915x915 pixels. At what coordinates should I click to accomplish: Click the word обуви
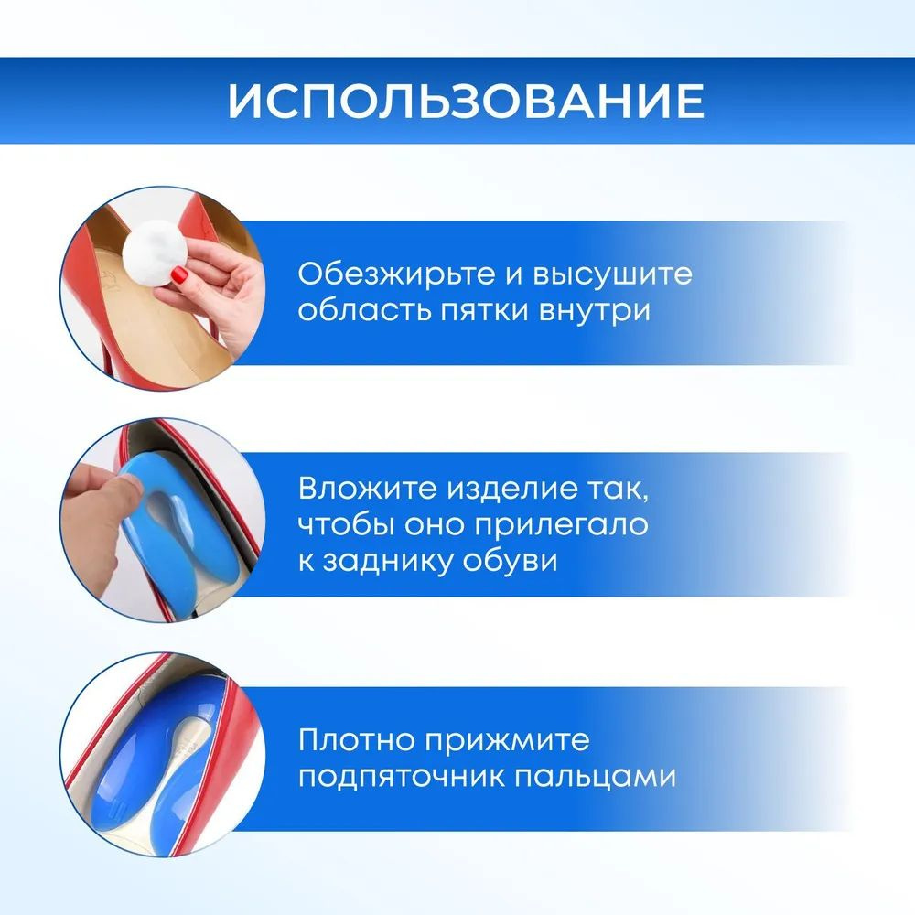click(510, 560)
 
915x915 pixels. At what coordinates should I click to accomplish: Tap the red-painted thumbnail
click(179, 274)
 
